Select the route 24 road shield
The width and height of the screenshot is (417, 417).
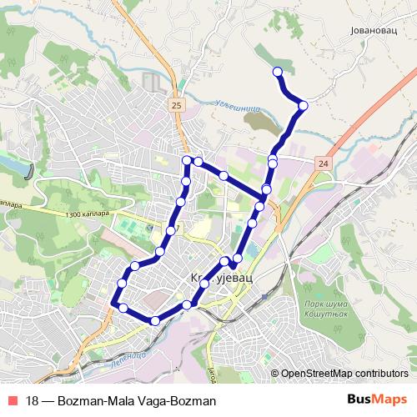(x=324, y=163)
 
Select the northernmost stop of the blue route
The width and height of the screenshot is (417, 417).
(x=279, y=73)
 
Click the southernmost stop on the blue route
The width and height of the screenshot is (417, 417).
(x=155, y=320)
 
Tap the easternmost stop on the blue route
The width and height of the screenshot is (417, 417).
(x=303, y=105)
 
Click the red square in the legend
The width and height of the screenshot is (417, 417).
(x=12, y=401)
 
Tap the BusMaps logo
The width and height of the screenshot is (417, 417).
(x=377, y=400)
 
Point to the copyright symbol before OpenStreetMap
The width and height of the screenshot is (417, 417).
(x=274, y=374)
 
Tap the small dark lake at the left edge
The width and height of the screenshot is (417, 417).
(x=31, y=170)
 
